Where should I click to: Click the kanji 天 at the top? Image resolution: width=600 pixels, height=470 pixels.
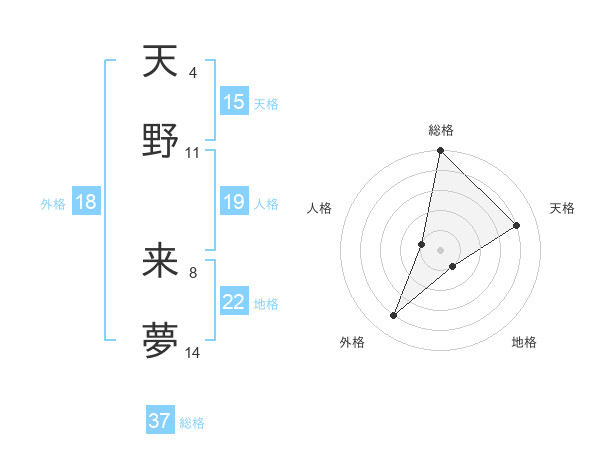(x=160, y=62)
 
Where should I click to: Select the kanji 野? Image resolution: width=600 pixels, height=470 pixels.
(x=160, y=141)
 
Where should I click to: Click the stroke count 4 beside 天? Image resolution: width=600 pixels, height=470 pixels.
(x=192, y=73)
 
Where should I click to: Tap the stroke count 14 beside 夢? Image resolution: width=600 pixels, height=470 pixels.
(x=192, y=353)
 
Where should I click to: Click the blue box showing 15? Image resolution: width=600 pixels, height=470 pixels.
(x=234, y=102)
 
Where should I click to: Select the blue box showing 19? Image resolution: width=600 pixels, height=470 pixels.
(x=234, y=203)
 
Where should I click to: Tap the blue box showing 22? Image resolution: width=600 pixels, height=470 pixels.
(x=234, y=302)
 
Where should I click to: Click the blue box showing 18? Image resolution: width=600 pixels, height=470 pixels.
(x=86, y=203)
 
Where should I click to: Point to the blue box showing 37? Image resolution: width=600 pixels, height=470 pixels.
(x=160, y=421)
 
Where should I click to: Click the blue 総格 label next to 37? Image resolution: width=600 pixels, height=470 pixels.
(x=192, y=423)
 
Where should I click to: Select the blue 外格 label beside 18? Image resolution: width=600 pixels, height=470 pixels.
(x=53, y=204)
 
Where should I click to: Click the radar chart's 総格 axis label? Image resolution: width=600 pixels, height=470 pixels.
(x=441, y=130)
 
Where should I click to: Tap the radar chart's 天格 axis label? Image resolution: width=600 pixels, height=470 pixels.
(x=563, y=208)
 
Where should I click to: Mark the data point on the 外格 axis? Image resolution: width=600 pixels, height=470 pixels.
(x=394, y=316)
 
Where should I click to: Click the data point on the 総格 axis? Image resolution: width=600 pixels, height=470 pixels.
(x=441, y=152)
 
